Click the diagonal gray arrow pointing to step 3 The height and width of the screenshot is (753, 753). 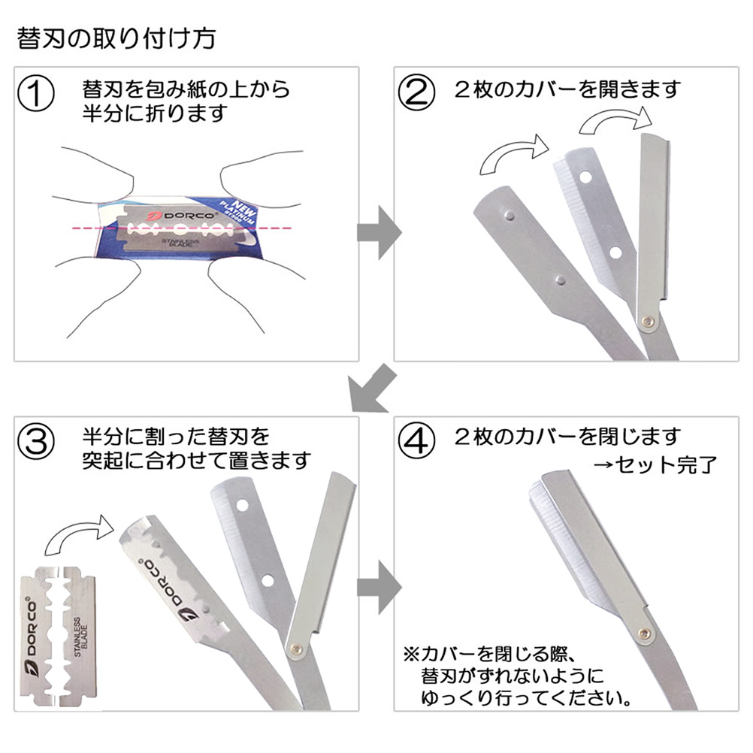tap(371, 389)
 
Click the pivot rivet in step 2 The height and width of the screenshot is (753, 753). tap(647, 322)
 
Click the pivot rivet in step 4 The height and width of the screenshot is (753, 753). tap(643, 634)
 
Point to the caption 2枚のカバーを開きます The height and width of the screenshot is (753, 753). tap(567, 89)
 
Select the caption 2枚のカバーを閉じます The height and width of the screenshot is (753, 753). tap(567, 436)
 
